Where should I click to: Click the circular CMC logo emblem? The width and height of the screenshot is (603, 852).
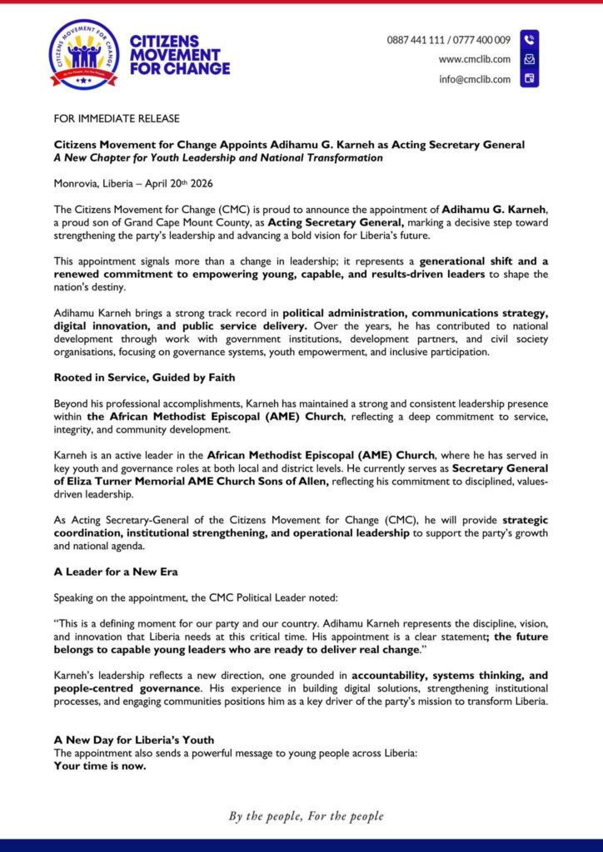(83, 55)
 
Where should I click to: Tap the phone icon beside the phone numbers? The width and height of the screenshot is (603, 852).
(529, 39)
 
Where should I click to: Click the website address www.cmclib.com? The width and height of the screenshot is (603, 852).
(475, 59)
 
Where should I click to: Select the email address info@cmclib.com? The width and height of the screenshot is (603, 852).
(476, 79)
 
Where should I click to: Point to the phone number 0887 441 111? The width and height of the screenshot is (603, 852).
(418, 39)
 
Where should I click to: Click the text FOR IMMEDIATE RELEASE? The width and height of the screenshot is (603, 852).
(117, 119)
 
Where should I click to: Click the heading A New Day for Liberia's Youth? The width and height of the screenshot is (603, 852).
(134, 740)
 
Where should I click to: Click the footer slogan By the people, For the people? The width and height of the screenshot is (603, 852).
(306, 816)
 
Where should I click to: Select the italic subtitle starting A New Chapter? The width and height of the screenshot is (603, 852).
(218, 157)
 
